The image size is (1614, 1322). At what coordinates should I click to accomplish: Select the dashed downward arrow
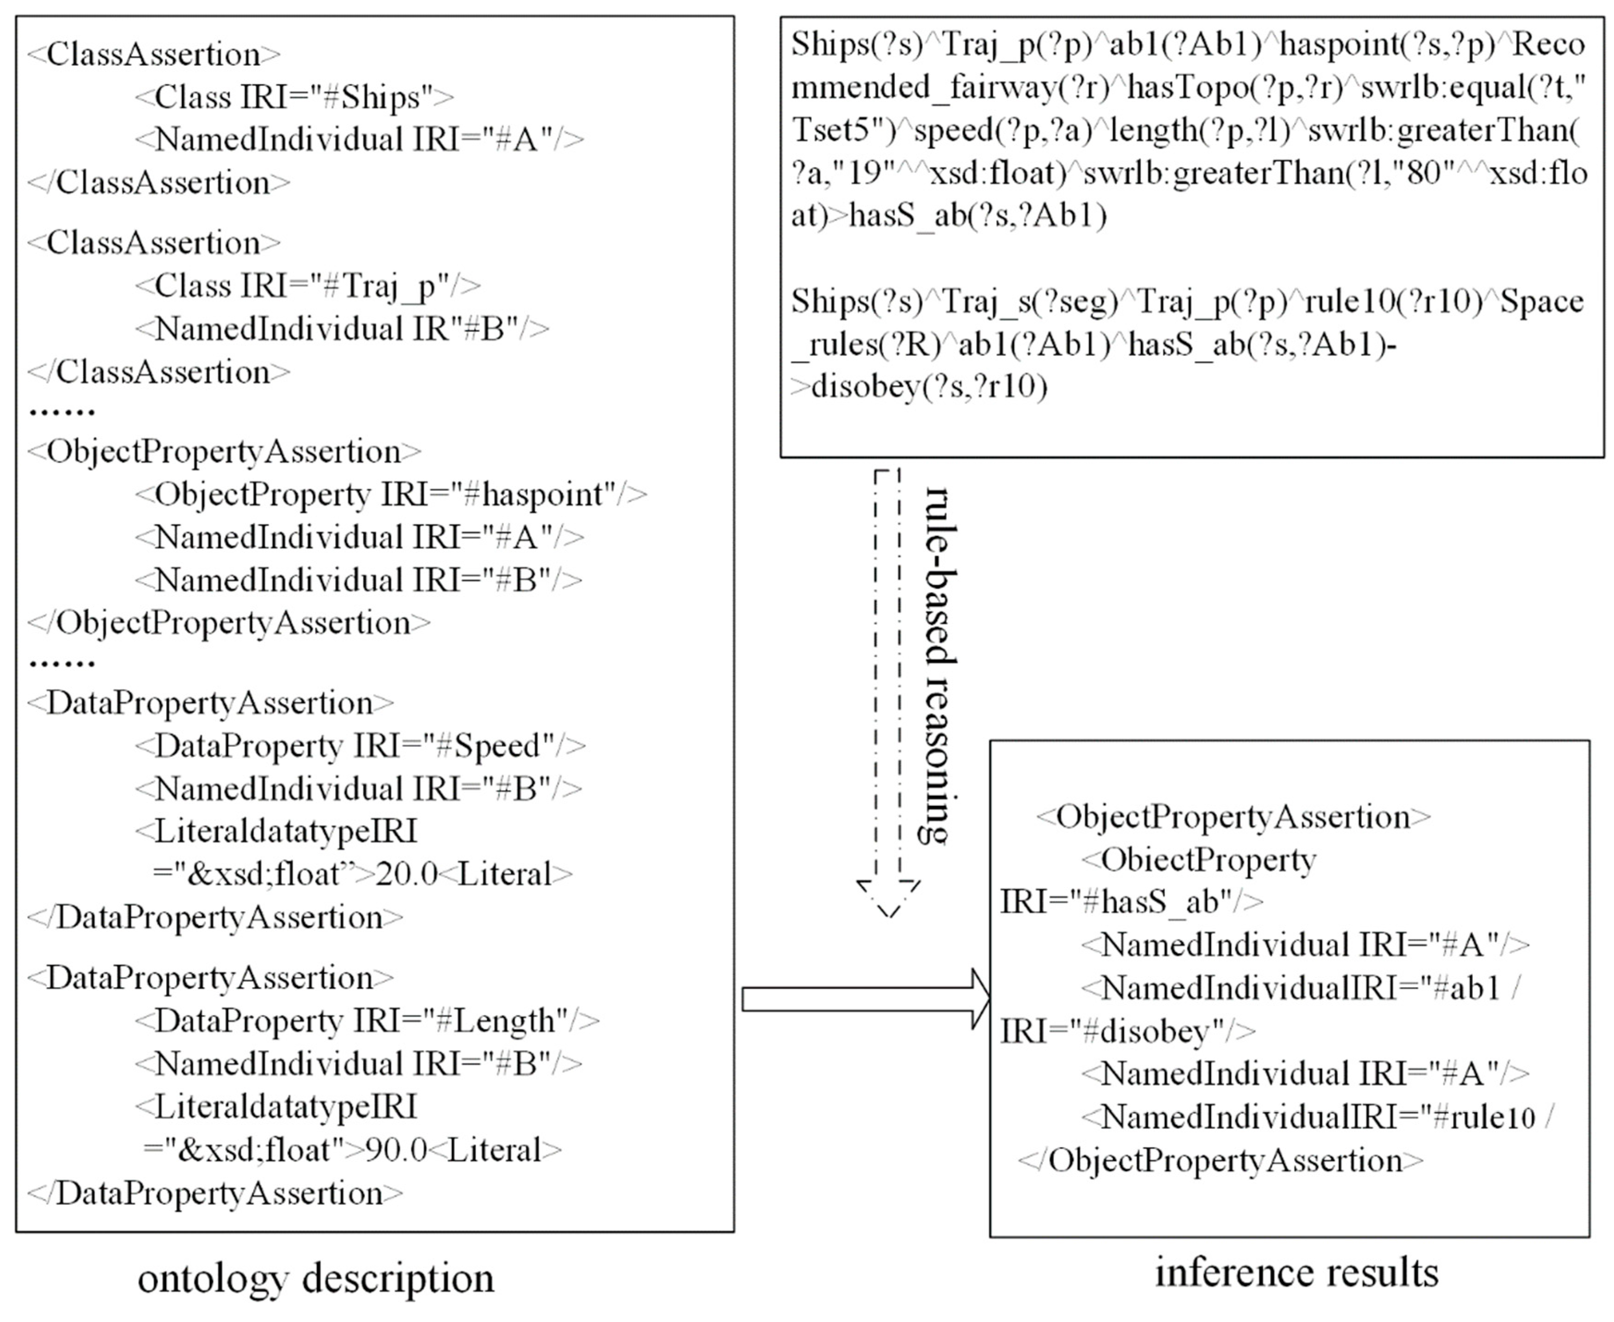pos(888,693)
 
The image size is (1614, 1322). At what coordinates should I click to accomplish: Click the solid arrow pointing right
pos(865,999)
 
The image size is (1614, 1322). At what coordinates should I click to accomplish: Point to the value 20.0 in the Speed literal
pos(406,874)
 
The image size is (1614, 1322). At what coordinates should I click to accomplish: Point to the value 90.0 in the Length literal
pos(396,1150)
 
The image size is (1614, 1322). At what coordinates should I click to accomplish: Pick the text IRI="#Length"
pos(460,1021)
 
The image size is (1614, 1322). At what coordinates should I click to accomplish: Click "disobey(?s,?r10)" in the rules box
pos(929,387)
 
